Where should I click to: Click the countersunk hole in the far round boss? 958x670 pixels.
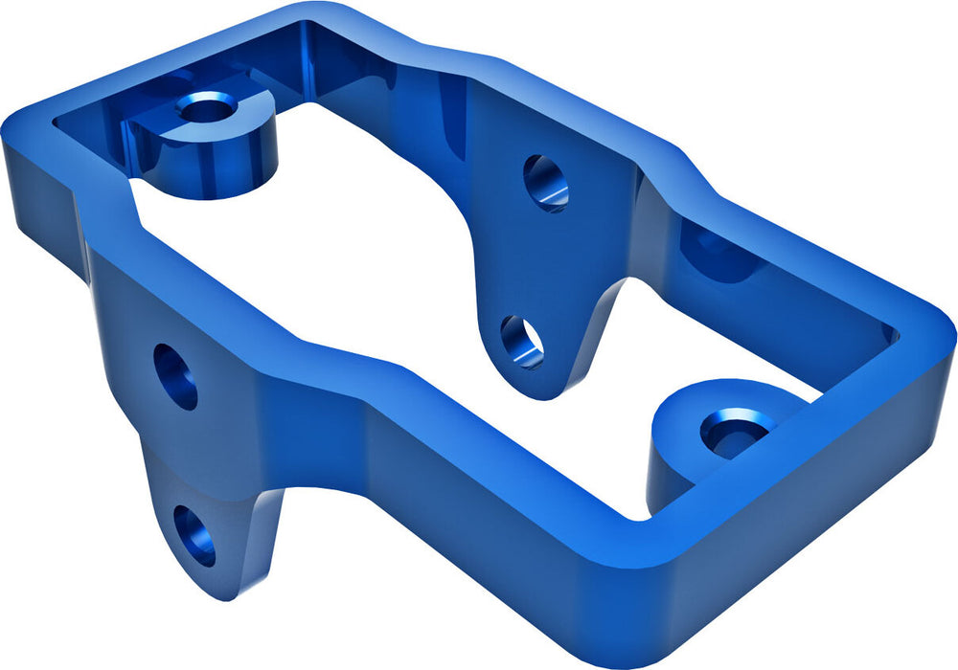pyautogui.click(x=205, y=107)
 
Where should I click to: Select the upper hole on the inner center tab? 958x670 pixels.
pyautogui.click(x=546, y=182)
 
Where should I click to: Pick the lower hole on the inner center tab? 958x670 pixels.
pyautogui.click(x=522, y=342)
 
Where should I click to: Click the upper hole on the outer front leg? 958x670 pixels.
pyautogui.click(x=176, y=376)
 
